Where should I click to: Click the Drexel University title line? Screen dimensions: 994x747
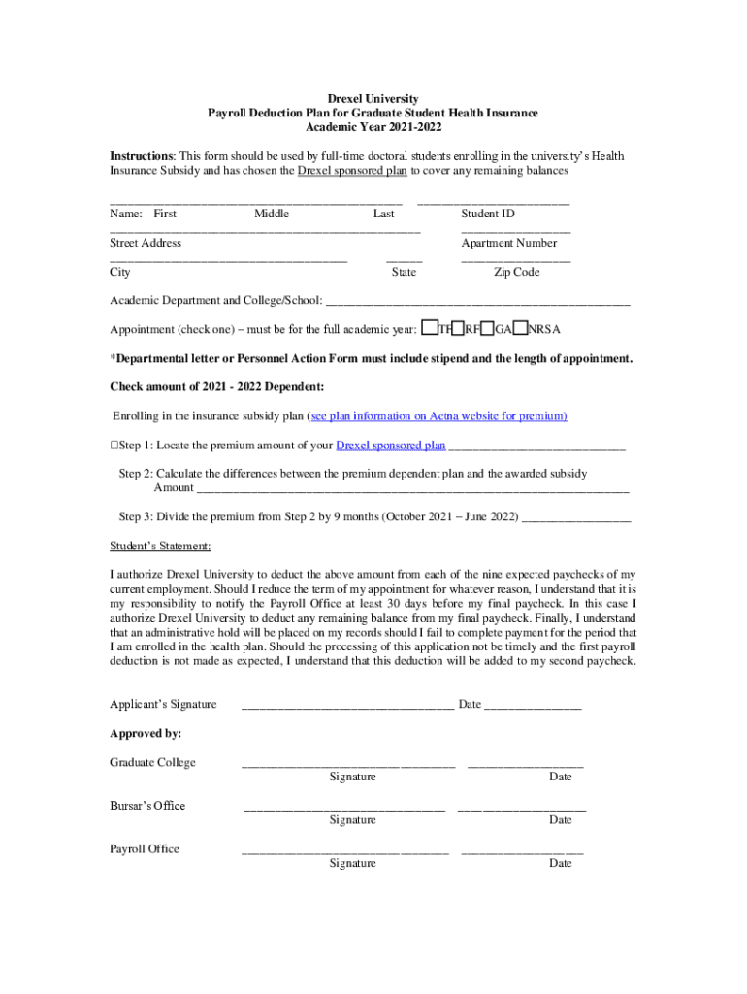[373, 99]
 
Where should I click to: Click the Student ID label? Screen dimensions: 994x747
[488, 214]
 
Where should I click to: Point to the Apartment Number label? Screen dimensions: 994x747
[509, 243]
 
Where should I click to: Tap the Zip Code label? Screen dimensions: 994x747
[516, 272]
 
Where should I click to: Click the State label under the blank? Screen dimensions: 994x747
[404, 272]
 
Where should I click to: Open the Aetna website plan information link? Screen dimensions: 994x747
[438, 416]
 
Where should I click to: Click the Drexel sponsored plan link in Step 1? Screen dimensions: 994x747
[390, 446]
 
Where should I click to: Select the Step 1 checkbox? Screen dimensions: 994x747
[114, 446]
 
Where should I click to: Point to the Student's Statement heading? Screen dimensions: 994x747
[160, 546]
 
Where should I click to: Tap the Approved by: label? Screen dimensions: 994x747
[146, 733]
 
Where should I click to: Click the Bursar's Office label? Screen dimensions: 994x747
[147, 806]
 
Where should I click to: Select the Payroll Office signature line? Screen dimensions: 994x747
[344, 851]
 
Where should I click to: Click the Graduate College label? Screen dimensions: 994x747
[152, 762]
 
